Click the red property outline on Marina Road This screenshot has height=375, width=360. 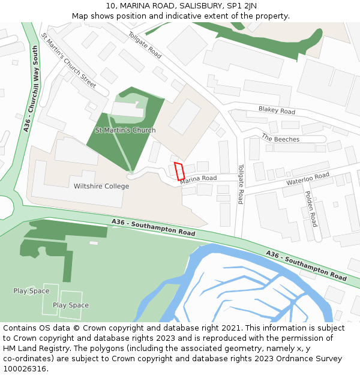(x=179, y=171)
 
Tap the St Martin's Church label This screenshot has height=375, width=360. (x=125, y=130)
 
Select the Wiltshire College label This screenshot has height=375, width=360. (x=101, y=187)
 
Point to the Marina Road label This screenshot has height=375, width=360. (x=199, y=179)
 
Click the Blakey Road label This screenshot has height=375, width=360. (x=277, y=110)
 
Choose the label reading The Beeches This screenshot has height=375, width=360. (x=280, y=138)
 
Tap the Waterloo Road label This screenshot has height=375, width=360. (x=308, y=178)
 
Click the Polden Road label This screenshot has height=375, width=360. (x=311, y=208)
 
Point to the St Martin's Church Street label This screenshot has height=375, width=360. (x=68, y=61)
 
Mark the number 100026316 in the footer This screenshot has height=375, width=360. (x=25, y=368)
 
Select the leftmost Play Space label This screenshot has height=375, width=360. (x=31, y=291)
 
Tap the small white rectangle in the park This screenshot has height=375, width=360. (x=94, y=243)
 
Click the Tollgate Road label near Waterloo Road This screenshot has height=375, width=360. (x=241, y=184)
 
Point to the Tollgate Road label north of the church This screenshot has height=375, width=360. (x=145, y=45)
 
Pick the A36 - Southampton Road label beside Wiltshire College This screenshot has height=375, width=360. (x=153, y=227)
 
